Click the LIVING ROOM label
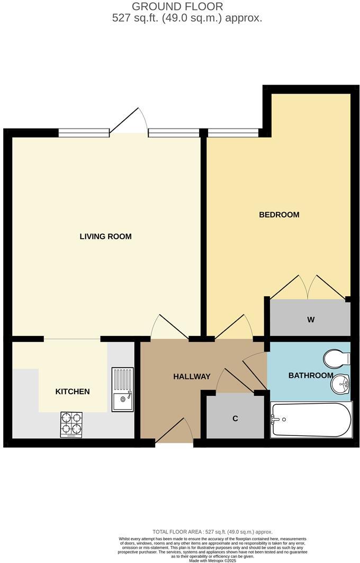click(x=105, y=237)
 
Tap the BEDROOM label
click(x=279, y=215)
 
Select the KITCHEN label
click(x=73, y=392)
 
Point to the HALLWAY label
click(x=192, y=377)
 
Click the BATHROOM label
click(x=311, y=376)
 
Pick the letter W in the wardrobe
click(x=311, y=320)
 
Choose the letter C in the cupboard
click(x=235, y=419)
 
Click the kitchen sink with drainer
click(x=122, y=389)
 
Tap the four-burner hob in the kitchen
click(x=71, y=424)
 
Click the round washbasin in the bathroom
click(x=340, y=384)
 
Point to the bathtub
click(x=311, y=420)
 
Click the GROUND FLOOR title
click(x=177, y=7)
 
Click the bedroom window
click(x=233, y=132)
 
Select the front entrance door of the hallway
click(x=175, y=431)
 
